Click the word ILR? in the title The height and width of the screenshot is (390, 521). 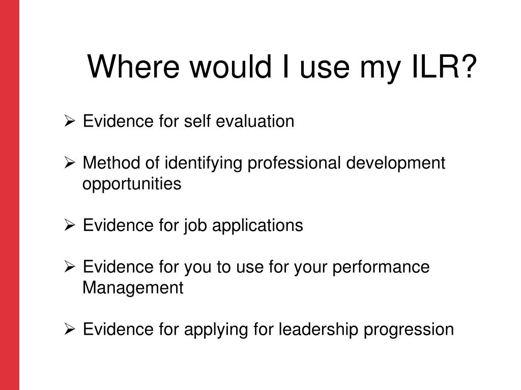444,67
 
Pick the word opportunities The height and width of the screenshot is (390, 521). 132,184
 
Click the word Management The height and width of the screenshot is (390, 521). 133,288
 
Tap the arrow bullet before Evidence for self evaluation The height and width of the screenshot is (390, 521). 70,121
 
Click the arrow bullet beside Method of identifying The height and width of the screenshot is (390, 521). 70,163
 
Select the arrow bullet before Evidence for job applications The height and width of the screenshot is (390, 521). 70,225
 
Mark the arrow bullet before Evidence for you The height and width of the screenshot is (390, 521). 70,267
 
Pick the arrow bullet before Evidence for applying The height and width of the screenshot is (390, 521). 70,330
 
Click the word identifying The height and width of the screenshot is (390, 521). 203,163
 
